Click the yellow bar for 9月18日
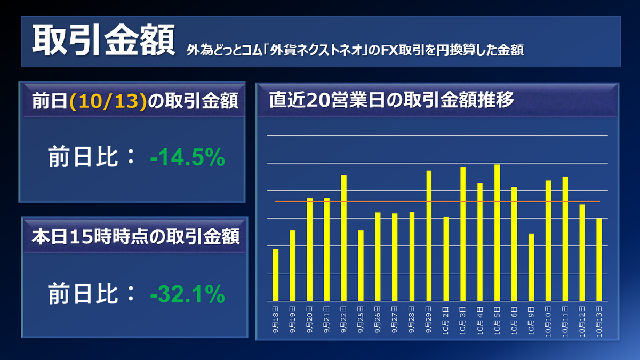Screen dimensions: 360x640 tap(276, 275)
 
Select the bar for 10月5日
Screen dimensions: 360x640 tap(497, 233)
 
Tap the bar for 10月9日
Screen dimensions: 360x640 tap(531, 267)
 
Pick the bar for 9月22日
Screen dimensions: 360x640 tap(343, 238)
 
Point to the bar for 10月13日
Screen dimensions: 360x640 tap(599, 260)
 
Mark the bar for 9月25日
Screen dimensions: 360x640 tap(361, 266)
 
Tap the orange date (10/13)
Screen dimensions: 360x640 tap(108, 101)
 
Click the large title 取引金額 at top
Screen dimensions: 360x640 tap(103, 41)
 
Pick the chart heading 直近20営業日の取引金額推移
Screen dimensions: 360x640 tap(391, 100)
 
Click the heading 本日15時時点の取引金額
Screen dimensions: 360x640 tap(135, 236)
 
